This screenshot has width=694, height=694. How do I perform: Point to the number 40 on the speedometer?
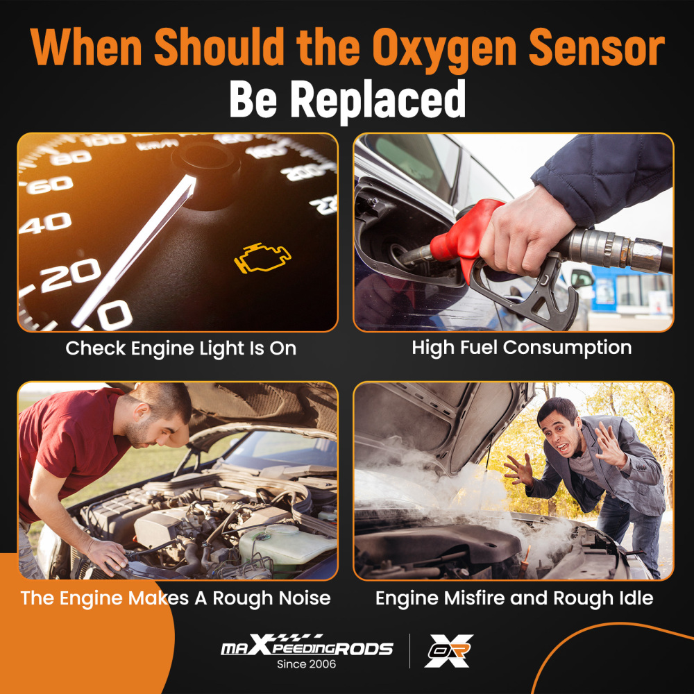pos(45,224)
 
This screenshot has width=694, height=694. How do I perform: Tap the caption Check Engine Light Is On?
pos(180,348)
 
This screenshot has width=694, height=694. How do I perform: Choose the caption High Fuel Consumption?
pos(521,348)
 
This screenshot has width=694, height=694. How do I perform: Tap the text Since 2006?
pos(306,665)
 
